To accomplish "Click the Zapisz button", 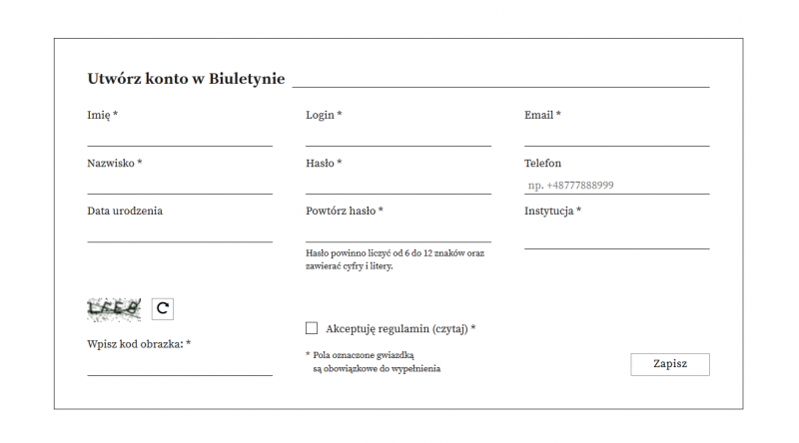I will coord(670,364).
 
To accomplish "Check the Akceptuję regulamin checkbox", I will coord(312,327).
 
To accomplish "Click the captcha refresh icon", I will coord(162,309).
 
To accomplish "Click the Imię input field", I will coord(180,136).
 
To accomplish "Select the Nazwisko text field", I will coord(180,184).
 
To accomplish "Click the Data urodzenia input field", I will coord(180,231).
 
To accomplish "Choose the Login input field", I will coord(398,136).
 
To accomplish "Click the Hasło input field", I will coord(398,184).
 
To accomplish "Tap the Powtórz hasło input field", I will coord(398,231).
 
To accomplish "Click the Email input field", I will coord(616,136).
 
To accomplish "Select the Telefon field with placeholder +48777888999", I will coord(616,185).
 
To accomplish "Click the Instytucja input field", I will coord(616,237).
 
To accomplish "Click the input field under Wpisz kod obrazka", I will coord(180,365).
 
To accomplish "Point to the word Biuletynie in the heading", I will coord(247,80).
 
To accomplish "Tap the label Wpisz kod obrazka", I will coord(138,344).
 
